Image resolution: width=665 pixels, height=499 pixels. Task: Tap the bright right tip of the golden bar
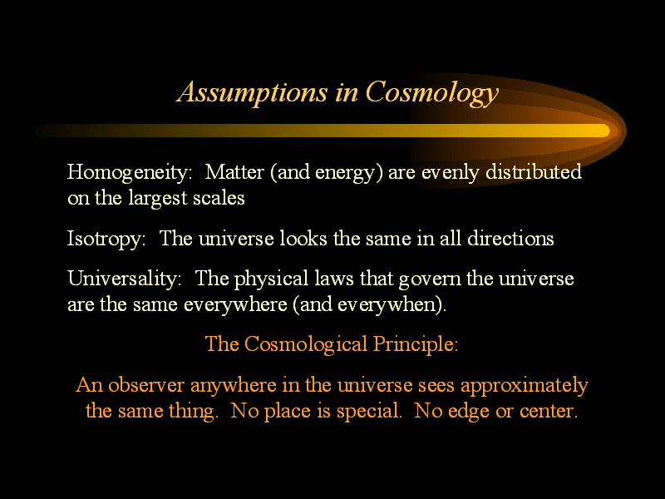click(608, 131)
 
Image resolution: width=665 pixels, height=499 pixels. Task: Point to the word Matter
click(234, 172)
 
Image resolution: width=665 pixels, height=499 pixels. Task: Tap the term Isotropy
click(106, 240)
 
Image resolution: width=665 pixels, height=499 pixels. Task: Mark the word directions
click(510, 238)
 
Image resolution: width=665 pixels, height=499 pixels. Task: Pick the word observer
click(146, 385)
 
